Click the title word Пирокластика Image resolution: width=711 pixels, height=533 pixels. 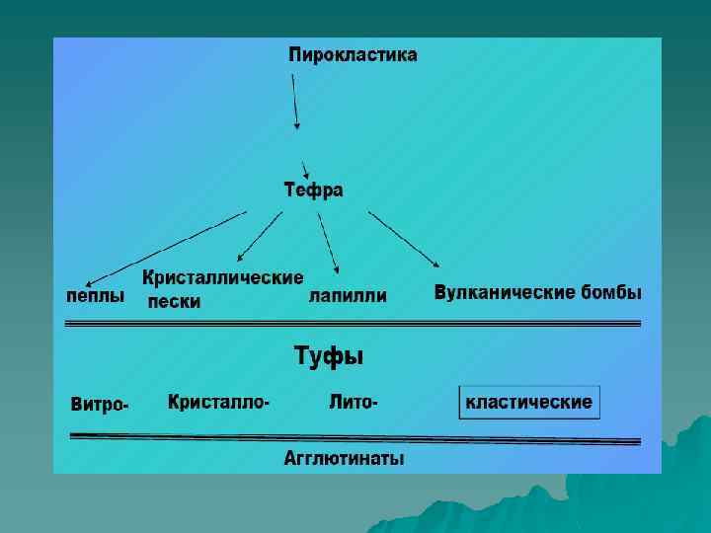pos(353,55)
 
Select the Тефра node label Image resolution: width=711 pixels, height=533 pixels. pos(314,190)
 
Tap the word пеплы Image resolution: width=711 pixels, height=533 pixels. pos(95,295)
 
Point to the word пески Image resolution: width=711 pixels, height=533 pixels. pos(175,302)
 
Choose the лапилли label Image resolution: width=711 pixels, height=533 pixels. pos(348,295)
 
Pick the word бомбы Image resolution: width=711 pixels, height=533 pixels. pos(611,293)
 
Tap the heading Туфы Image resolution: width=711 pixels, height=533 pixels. pos(329,356)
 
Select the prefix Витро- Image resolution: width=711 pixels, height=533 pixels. pos(100,404)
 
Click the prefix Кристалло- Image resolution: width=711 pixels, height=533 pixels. pos(219,402)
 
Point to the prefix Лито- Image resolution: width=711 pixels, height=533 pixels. pos(354,402)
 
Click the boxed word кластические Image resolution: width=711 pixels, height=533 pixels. pos(529,402)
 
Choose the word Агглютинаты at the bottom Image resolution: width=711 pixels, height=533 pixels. pos(344,458)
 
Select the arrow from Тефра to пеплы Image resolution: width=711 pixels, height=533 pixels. pos(163,247)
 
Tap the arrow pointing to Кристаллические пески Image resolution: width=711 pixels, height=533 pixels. pos(259,236)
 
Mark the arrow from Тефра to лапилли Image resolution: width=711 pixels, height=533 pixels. pos(329,241)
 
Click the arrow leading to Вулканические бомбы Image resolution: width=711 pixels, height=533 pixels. pos(404,238)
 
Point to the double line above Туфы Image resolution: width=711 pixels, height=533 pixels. pos(353,323)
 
